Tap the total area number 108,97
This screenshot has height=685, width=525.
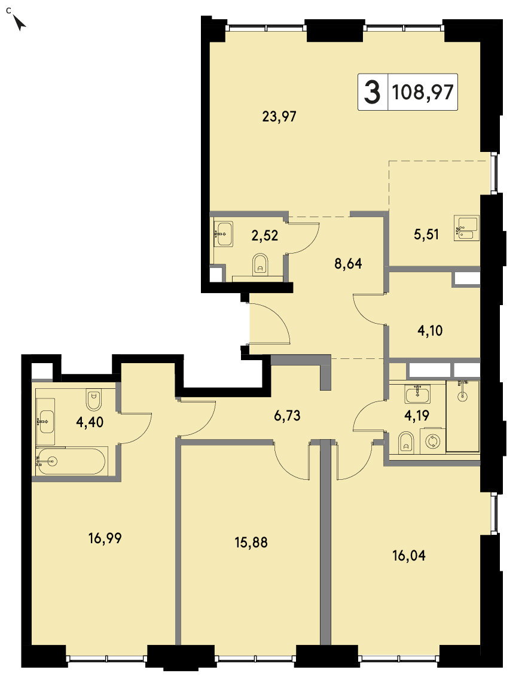(423, 92)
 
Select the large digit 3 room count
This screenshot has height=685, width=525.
(372, 92)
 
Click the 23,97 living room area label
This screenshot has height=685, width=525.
(279, 117)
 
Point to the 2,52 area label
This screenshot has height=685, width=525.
(265, 236)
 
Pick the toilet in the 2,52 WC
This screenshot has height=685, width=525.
(261, 266)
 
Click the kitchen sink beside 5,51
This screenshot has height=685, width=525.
(466, 228)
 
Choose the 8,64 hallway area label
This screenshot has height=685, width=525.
(348, 264)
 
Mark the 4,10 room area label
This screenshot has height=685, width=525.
(430, 331)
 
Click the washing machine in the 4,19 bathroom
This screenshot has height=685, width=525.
(432, 442)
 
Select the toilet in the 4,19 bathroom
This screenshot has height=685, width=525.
(406, 442)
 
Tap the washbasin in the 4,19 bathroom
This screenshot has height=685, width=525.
(418, 394)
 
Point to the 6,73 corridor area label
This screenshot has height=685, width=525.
(287, 415)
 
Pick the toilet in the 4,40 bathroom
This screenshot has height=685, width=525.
(94, 400)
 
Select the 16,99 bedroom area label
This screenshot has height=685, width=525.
(105, 538)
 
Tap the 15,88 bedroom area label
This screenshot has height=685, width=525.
(251, 543)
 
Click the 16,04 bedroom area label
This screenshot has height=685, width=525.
(409, 556)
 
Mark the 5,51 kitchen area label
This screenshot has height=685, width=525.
(426, 235)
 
